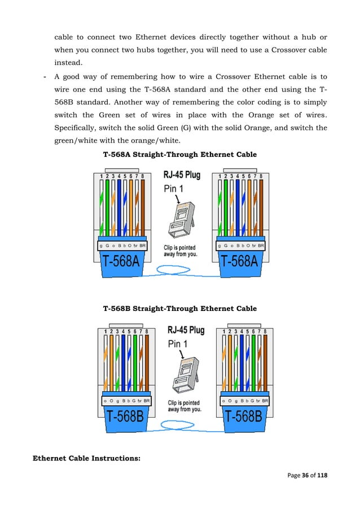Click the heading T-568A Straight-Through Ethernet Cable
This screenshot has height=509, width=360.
179,154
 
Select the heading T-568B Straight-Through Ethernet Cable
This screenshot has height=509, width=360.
179,309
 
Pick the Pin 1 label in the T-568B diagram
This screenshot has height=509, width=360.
180,344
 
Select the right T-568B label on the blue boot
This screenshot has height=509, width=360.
243,418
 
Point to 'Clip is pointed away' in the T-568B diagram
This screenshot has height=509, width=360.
184,406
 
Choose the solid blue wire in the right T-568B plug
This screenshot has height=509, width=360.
241,364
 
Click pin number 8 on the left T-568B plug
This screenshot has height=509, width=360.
147,331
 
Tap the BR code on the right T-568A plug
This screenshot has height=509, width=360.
261,245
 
